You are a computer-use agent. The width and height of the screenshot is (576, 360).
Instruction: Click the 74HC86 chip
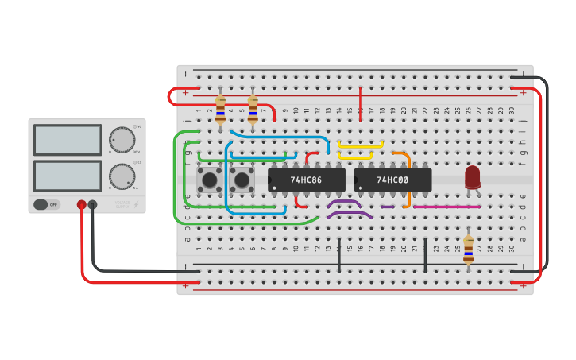pyautogui.click(x=306, y=180)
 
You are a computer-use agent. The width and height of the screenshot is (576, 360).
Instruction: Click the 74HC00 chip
pyautogui.click(x=392, y=180)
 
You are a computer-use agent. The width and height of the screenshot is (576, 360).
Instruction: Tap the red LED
pyautogui.click(x=473, y=176)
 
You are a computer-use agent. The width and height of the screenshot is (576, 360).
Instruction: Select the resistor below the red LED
pyautogui.click(x=469, y=248)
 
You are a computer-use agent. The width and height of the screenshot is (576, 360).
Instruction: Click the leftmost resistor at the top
pyautogui.click(x=221, y=109)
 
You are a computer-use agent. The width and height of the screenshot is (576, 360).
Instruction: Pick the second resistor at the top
pyautogui.click(x=253, y=110)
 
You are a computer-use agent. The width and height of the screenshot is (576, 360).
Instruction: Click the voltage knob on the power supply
pyautogui.click(x=122, y=139)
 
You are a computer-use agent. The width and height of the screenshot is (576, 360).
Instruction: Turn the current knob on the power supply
pyautogui.click(x=122, y=176)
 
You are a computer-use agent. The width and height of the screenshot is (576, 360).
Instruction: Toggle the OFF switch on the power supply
pyautogui.click(x=47, y=204)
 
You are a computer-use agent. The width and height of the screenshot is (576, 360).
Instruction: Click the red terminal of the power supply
pyautogui.click(x=81, y=205)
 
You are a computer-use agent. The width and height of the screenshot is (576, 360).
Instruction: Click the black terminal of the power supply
pyautogui.click(x=92, y=205)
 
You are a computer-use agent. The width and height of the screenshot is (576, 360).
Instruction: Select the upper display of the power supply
pyautogui.click(x=68, y=140)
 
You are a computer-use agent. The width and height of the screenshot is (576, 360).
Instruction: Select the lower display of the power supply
pyautogui.click(x=68, y=176)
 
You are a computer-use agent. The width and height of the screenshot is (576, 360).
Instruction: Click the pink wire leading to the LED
pyautogui.click(x=446, y=207)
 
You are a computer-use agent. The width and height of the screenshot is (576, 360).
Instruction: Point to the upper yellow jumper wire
pyautogui.click(x=361, y=144)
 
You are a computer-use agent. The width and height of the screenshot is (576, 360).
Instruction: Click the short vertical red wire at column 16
pyautogui.click(x=361, y=105)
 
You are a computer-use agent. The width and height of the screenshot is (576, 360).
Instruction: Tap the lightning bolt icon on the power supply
pyautogui.click(x=136, y=204)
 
